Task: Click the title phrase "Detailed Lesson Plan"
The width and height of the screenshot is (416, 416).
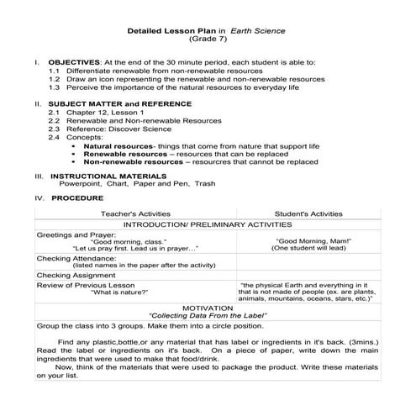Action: pos(166,30)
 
